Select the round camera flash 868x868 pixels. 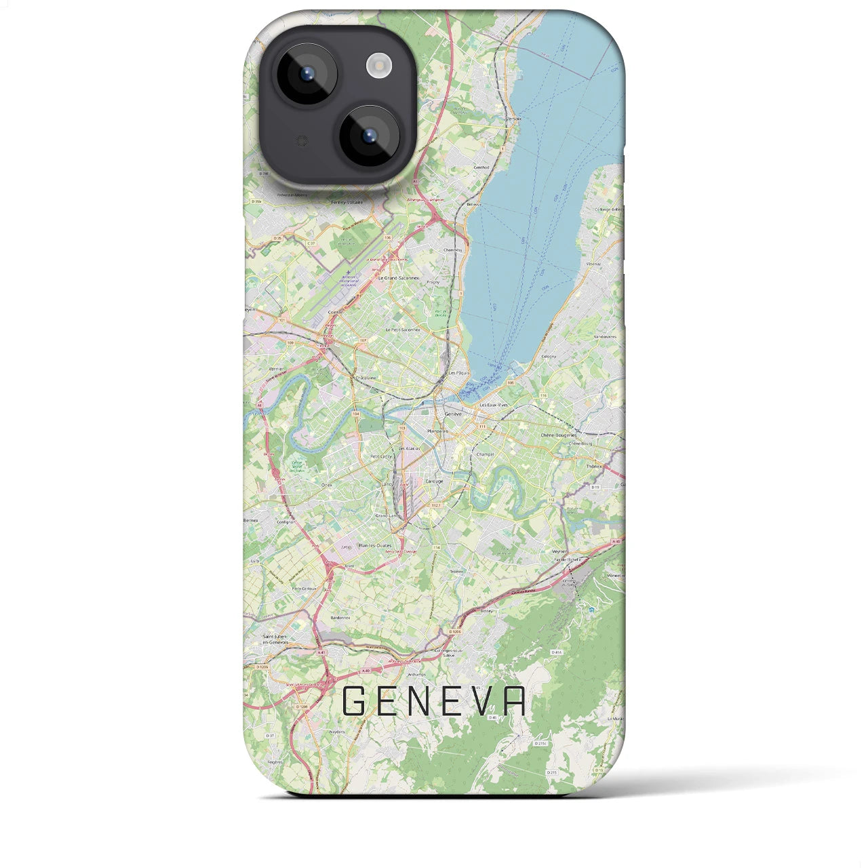pyautogui.click(x=379, y=65)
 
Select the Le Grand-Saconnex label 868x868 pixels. pyautogui.click(x=399, y=278)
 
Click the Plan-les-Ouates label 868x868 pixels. pyautogui.click(x=375, y=545)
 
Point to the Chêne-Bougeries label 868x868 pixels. pyautogui.click(x=559, y=435)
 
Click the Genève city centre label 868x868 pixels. pyautogui.click(x=452, y=414)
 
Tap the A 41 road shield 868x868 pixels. pyautogui.click(x=321, y=652)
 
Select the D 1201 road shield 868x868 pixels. pyautogui.click(x=302, y=706)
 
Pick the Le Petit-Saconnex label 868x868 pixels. pyautogui.click(x=403, y=330)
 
